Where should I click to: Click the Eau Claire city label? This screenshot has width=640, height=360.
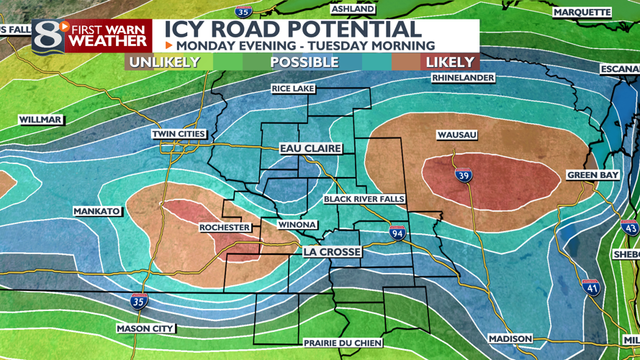click(310, 149)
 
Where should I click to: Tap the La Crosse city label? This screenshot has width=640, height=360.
click(332, 253)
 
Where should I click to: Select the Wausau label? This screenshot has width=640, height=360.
click(457, 135)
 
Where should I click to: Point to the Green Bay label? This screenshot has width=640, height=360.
click(592, 176)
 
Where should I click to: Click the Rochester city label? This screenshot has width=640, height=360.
click(225, 228)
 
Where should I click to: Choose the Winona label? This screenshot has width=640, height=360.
click(297, 225)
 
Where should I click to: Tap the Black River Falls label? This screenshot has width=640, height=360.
click(364, 199)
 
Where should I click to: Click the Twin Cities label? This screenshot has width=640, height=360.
click(179, 135)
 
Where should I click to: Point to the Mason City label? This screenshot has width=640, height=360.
click(145, 329)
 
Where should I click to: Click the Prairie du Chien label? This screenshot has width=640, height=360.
click(343, 343)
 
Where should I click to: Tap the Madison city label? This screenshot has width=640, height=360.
click(510, 339)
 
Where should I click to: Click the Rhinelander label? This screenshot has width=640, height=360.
click(463, 78)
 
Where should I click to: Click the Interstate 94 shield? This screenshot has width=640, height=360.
click(397, 233)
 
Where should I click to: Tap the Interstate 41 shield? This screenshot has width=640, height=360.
click(590, 288)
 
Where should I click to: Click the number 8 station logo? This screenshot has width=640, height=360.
click(45, 36)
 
